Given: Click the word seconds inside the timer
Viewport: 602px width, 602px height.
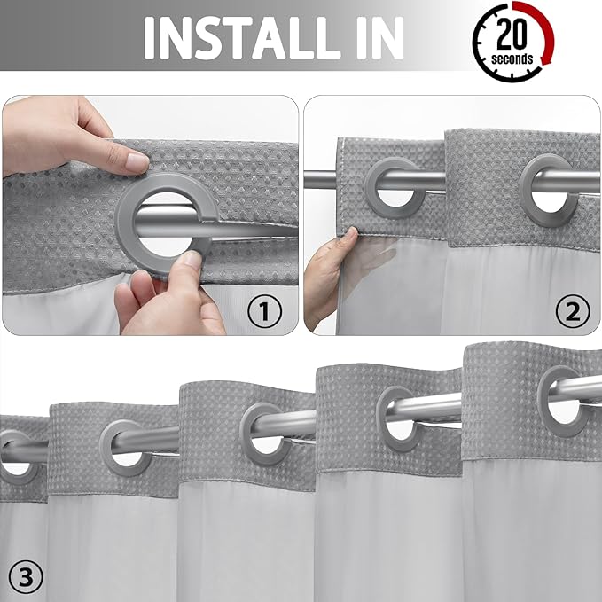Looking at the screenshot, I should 513,59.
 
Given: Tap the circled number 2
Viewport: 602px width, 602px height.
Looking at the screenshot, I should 572,310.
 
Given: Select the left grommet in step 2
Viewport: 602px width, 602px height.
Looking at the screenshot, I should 391,188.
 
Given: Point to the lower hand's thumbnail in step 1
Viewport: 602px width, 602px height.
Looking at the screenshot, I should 190,259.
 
